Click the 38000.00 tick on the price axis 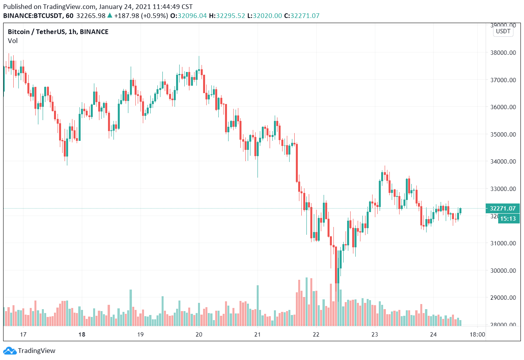point(503,53)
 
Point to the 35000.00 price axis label point(503,134)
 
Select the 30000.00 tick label point(503,270)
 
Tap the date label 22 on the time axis point(316,334)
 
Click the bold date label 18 point(82,334)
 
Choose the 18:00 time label point(477,334)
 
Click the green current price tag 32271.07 point(503,209)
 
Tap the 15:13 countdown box point(508,219)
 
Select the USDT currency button point(503,31)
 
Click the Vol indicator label point(13,41)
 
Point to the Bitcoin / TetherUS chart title point(58,32)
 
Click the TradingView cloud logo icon point(10,351)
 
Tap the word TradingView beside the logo point(37,351)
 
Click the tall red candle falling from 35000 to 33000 point(297,163)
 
